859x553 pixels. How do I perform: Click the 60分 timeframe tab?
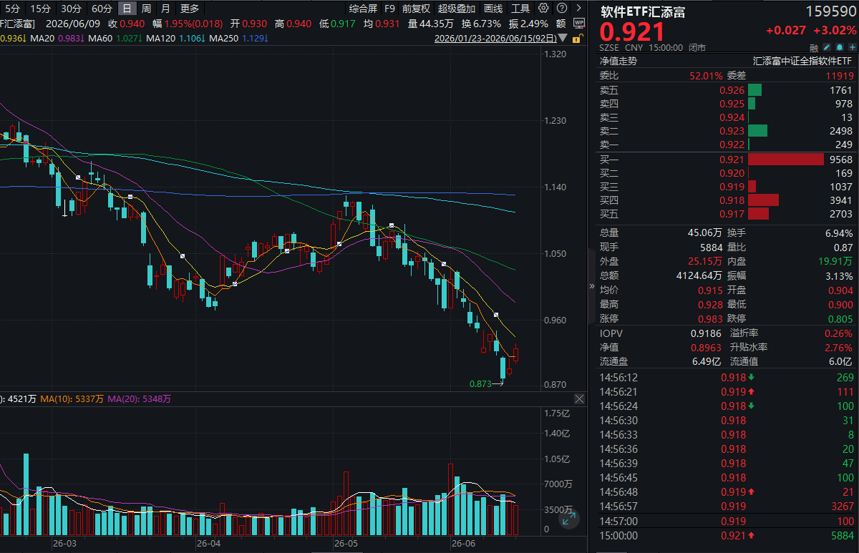(102, 9)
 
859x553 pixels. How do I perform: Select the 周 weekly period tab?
(146, 9)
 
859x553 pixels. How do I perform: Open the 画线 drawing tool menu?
(493, 9)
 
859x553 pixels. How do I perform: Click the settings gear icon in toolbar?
(543, 8)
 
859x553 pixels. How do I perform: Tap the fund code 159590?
(831, 11)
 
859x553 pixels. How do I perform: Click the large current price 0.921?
(631, 31)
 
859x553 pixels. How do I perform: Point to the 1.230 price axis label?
(555, 121)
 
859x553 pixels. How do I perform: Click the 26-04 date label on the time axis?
(208, 544)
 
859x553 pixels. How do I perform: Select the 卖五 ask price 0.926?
(732, 90)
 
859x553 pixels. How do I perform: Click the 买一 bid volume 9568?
(841, 160)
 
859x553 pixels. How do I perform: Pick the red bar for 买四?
(763, 200)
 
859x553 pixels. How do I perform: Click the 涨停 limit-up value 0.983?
(710, 319)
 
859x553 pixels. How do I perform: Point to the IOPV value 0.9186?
(706, 333)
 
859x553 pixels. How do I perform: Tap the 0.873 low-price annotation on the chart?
(480, 383)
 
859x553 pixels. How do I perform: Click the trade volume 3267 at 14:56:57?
(843, 506)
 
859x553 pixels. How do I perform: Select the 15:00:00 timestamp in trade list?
(618, 535)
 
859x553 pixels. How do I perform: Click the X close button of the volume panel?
(579, 399)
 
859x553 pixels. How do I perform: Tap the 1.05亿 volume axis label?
(557, 459)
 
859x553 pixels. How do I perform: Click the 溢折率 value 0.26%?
(838, 333)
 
